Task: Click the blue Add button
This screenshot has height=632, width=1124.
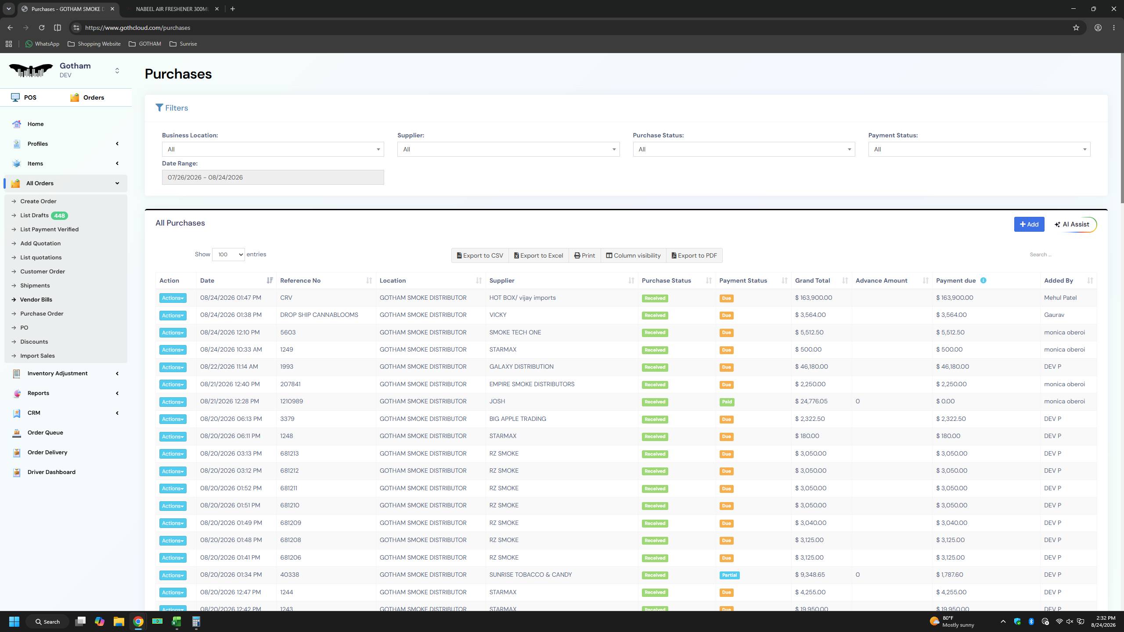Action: tap(1029, 224)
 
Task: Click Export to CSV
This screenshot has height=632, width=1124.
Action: tap(480, 255)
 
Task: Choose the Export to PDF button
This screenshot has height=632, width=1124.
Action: tap(694, 255)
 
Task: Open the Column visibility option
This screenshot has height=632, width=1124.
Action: tap(633, 255)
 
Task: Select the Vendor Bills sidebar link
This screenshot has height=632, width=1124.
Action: tap(36, 299)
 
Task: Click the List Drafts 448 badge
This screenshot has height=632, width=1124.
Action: tap(59, 215)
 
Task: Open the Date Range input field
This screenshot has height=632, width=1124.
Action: tap(273, 177)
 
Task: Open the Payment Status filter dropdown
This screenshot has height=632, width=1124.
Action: tap(979, 149)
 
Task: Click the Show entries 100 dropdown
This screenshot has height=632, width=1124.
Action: tap(228, 255)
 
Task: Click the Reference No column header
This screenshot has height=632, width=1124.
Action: tap(300, 280)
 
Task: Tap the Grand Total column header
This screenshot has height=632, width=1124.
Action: tap(812, 280)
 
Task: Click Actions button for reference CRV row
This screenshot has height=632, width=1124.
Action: tap(173, 298)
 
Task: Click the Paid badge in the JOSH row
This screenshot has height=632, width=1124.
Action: tap(727, 402)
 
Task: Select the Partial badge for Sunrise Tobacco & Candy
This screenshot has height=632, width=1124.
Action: tap(729, 575)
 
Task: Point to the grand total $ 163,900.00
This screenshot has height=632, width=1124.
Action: tap(814, 298)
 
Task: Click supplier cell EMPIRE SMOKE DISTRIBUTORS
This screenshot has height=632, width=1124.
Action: tap(532, 384)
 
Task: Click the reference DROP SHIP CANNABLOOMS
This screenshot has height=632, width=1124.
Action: tap(319, 315)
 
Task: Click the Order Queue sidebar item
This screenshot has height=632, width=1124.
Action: tap(45, 432)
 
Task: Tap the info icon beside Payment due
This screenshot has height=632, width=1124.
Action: tap(983, 280)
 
